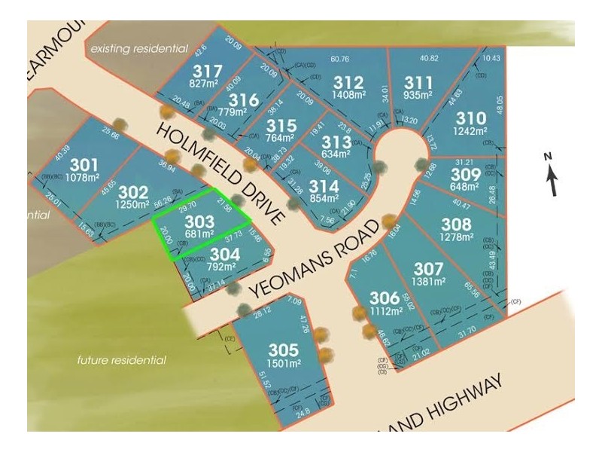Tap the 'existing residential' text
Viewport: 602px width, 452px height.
[138, 48]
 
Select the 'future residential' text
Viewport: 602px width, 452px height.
[122, 360]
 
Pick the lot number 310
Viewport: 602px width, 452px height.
[471, 118]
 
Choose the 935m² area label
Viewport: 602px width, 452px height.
[418, 96]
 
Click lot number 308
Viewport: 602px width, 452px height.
[456, 224]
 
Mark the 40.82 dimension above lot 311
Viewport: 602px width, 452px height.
[429, 59]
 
